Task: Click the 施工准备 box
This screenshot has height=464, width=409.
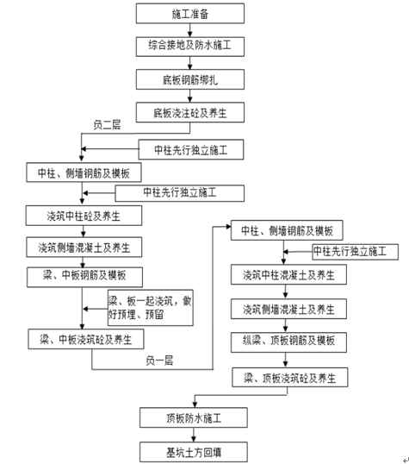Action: click(190, 13)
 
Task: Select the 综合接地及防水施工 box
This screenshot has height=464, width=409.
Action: click(190, 47)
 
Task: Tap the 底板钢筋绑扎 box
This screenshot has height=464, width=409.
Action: click(190, 79)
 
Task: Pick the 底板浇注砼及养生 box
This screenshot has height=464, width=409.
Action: click(190, 112)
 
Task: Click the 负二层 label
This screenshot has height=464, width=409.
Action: click(107, 125)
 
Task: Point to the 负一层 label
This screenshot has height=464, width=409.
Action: click(159, 361)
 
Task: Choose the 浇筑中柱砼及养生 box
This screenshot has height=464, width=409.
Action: click(84, 216)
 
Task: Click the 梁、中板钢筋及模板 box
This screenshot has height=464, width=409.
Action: click(84, 277)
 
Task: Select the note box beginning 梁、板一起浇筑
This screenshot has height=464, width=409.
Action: click(151, 308)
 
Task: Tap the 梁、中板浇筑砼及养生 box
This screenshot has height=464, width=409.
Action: click(86, 339)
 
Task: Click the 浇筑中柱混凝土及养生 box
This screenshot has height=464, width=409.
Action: click(288, 274)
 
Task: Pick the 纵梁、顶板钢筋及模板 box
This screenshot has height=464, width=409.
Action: click(288, 342)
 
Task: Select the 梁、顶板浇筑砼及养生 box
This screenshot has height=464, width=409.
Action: click(290, 377)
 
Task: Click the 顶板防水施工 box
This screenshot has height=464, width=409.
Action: click(194, 417)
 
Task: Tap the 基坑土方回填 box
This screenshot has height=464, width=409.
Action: click(194, 452)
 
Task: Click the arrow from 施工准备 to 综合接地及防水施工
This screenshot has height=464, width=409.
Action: click(190, 30)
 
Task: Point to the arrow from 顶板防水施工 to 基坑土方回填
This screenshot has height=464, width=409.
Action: click(194, 435)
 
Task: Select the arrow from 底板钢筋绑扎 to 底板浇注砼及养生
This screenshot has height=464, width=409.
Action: click(190, 96)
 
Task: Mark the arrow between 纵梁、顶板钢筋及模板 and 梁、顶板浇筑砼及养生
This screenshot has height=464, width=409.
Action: click(286, 360)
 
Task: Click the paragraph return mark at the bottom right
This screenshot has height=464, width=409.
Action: click(406, 460)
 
